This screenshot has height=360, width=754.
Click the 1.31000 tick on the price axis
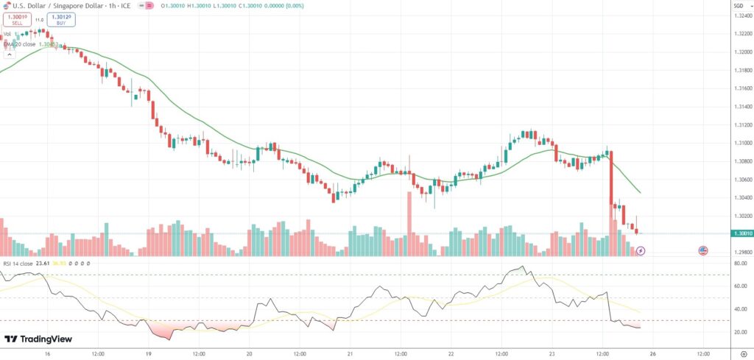click(742, 143)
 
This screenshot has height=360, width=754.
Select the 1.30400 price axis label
click(742, 197)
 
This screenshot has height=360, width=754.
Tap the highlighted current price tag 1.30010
click(742, 233)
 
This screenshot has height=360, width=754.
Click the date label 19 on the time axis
click(148, 353)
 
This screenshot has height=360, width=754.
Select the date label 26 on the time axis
click(652, 353)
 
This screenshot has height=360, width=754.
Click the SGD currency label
click(739, 5)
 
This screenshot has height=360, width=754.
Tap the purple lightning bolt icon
click(640, 251)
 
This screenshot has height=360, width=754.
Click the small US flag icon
click(703, 251)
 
